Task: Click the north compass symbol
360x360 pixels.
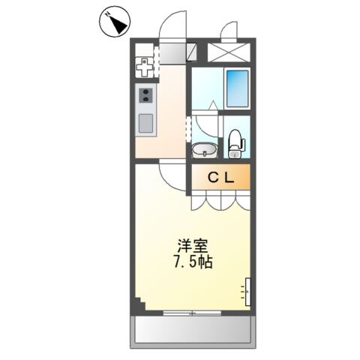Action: (x=113, y=25)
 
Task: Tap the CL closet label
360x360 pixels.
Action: (x=221, y=178)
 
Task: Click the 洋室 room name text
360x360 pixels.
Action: (x=192, y=245)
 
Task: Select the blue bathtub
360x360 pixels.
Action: (x=238, y=88)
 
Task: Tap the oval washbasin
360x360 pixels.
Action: (x=203, y=151)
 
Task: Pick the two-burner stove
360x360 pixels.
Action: (x=145, y=95)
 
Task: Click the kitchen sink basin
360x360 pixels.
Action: (x=145, y=123)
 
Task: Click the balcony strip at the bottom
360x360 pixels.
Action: (x=192, y=329)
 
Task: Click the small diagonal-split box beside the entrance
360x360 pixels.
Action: (x=193, y=52)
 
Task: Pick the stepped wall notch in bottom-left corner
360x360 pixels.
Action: (x=140, y=304)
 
